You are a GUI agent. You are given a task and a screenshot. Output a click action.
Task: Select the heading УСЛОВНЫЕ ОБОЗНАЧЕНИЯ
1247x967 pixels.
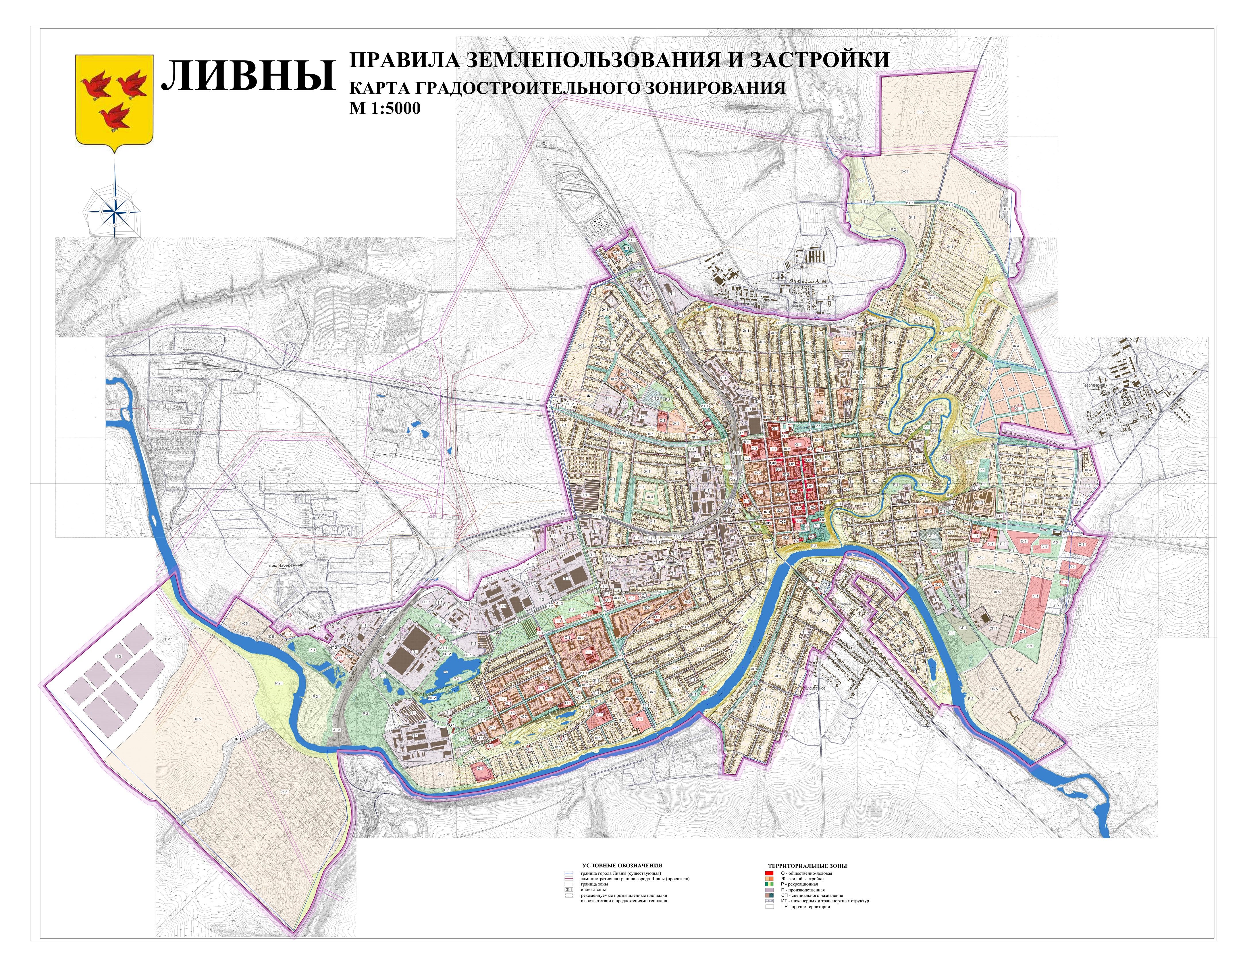click(x=622, y=865)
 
